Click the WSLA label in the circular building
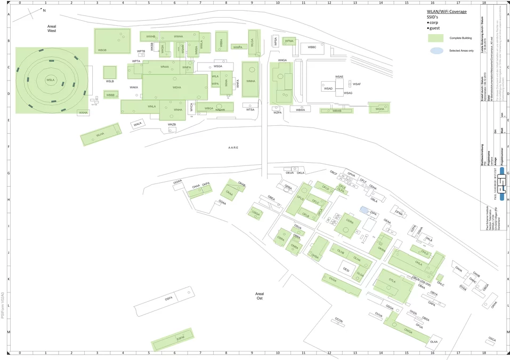click(51, 80)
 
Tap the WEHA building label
click(176, 87)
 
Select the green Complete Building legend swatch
click(435, 38)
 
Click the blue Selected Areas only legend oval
click(435, 51)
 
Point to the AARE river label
click(233, 148)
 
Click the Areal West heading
click(52, 28)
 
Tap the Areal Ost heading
click(260, 296)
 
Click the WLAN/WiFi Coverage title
click(447, 12)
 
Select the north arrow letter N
click(44, 11)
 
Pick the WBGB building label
click(102, 50)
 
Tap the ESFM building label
click(180, 338)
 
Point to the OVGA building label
click(333, 279)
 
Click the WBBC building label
click(312, 47)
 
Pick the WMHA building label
click(250, 81)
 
